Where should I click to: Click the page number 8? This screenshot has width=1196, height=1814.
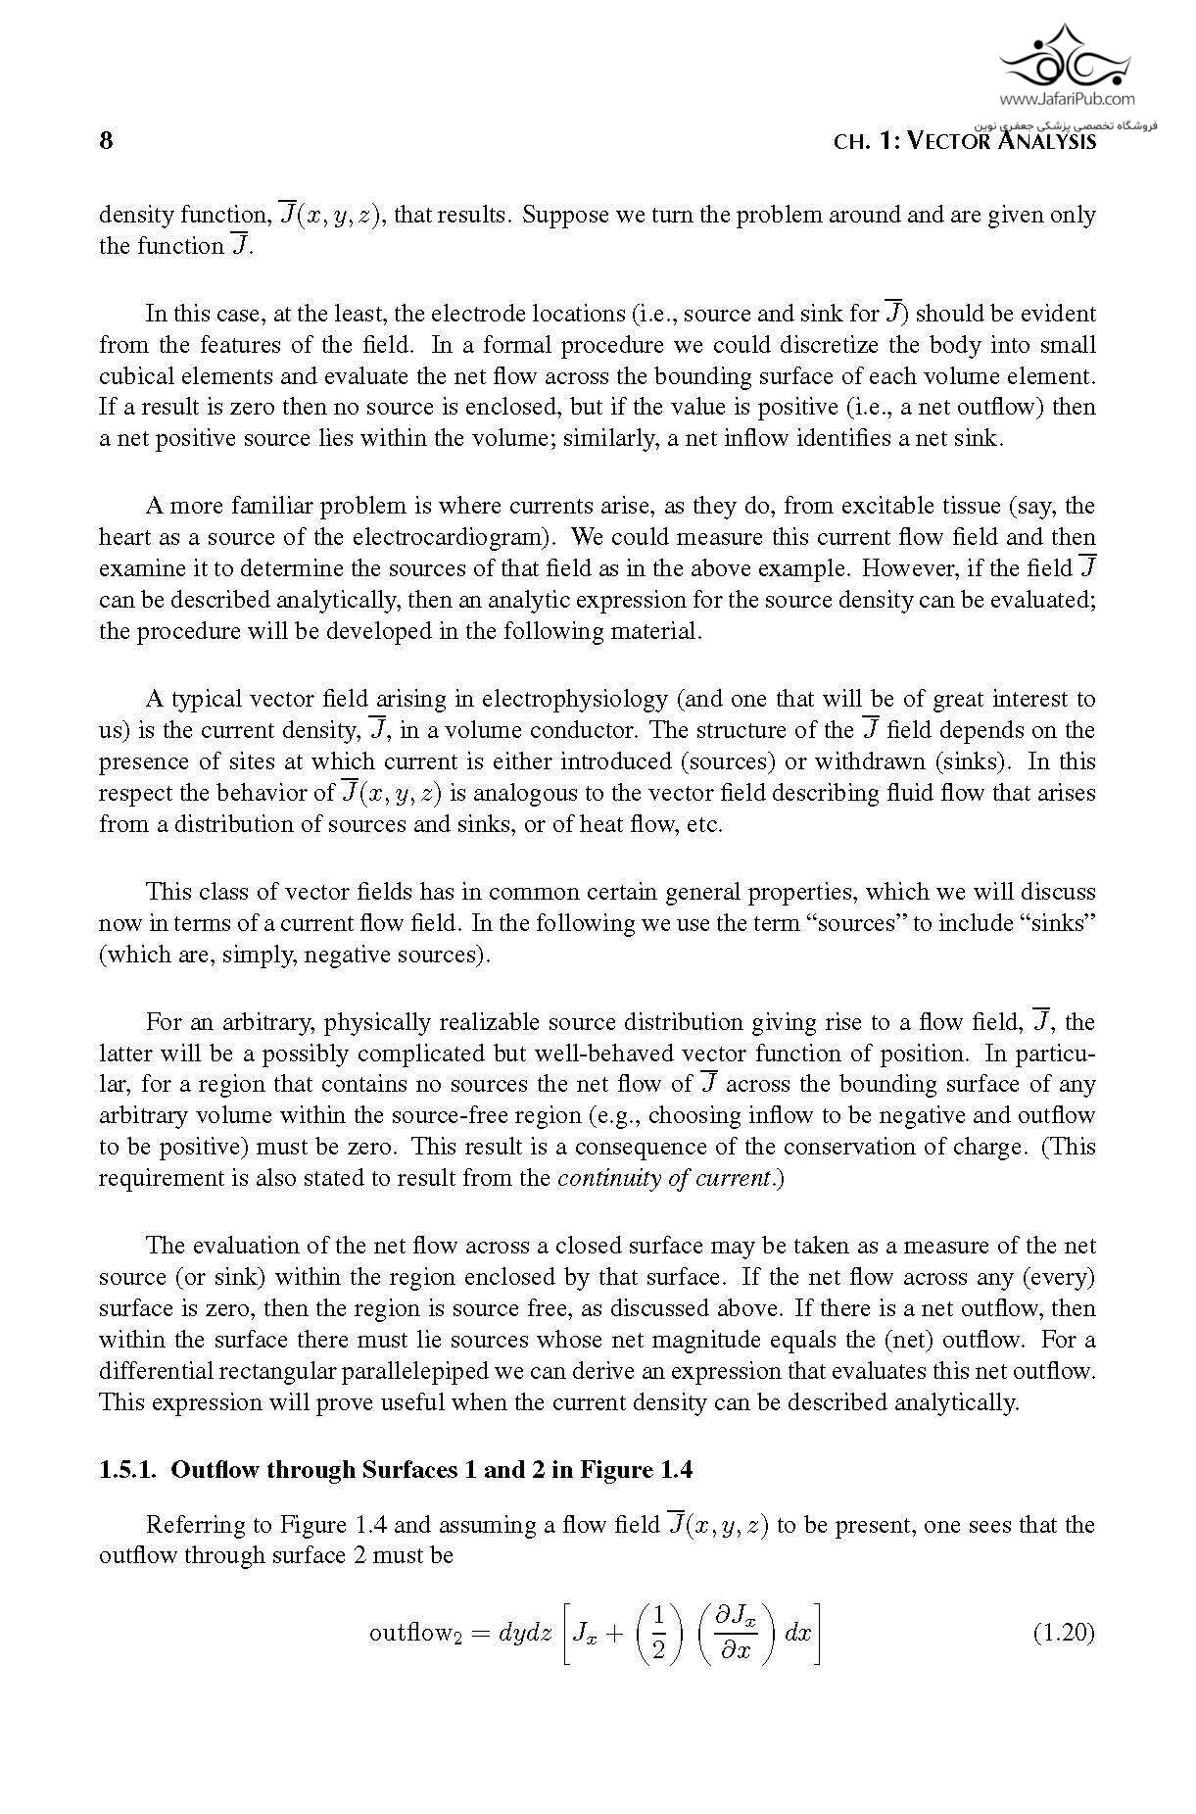(x=106, y=140)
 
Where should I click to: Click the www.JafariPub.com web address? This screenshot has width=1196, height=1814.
(x=1067, y=98)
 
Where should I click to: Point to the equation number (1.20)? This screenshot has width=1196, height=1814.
(x=1064, y=1633)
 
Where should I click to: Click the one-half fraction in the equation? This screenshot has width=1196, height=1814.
(x=658, y=1633)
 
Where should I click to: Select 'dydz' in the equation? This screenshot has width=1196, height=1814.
(x=525, y=1633)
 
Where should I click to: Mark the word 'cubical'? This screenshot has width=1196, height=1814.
(x=135, y=376)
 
